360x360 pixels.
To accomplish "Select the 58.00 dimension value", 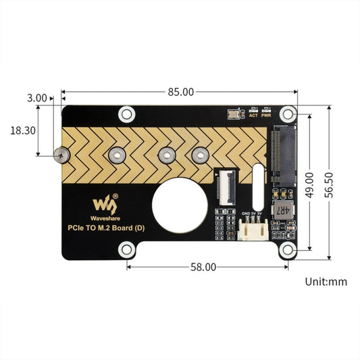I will (203, 267).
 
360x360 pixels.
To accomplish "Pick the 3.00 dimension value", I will (37, 98).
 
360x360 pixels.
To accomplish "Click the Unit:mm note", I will (325, 282).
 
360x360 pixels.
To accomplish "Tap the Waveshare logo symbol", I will (105, 203).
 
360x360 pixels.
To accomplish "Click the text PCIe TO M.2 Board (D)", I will (106, 228).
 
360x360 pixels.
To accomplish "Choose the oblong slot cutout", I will (257, 188).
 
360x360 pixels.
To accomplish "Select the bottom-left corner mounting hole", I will (126, 251).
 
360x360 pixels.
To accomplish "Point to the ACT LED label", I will (253, 115).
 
